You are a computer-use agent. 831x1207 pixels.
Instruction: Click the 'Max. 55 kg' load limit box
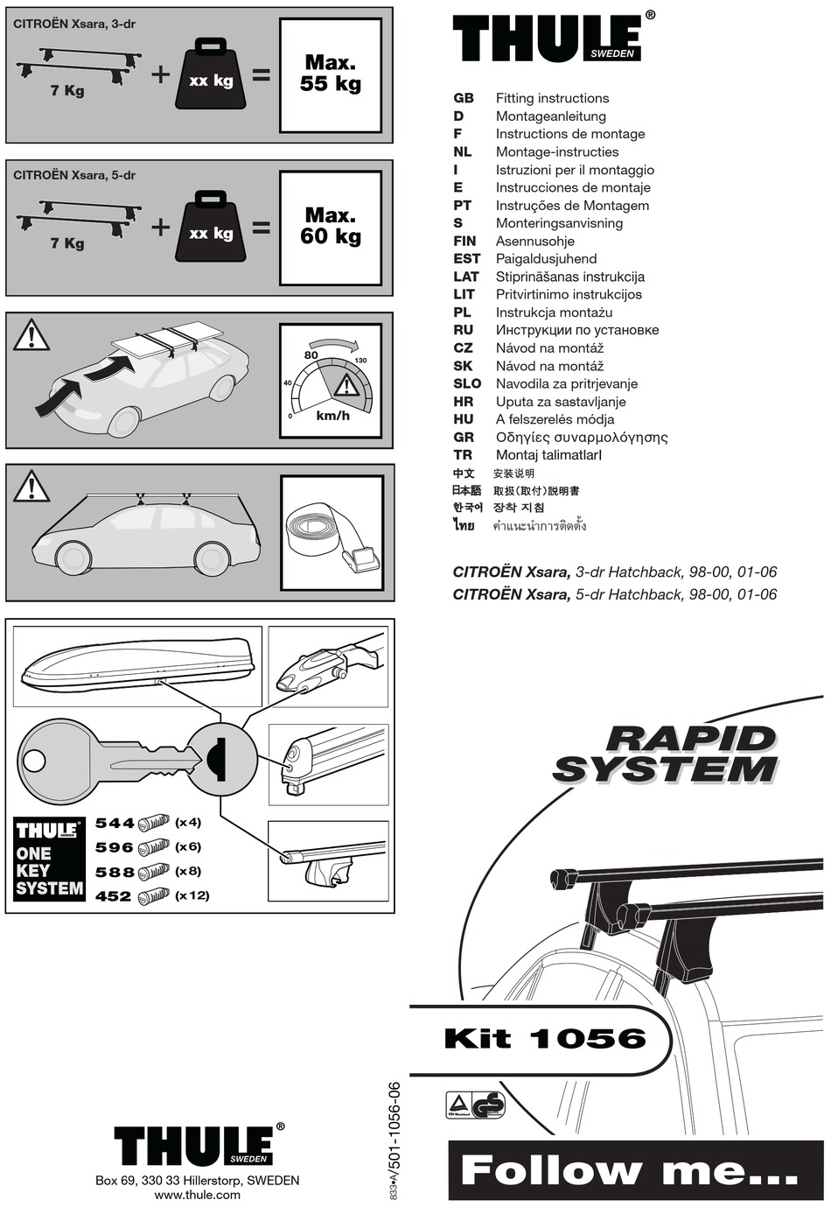(330, 75)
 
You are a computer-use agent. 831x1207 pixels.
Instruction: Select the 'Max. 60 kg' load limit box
(330, 228)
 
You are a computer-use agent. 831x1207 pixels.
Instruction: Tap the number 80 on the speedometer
(311, 355)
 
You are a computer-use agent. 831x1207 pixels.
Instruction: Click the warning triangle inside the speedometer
(346, 386)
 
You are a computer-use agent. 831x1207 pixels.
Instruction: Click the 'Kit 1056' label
(545, 1038)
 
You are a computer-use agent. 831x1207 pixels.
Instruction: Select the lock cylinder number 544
(115, 823)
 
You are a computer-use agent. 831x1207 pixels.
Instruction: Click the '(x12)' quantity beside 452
(192, 895)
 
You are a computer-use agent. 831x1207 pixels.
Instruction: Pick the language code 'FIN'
(464, 241)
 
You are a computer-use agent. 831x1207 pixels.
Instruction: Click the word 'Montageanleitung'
(550, 116)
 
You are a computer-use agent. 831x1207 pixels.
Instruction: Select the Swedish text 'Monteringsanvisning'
(559, 223)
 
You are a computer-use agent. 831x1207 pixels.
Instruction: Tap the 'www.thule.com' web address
(197, 1195)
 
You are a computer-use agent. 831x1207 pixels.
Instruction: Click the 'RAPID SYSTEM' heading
(667, 754)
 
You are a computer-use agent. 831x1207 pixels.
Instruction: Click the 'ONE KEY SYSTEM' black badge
(49, 859)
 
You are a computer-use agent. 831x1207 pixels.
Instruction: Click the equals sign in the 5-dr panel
(262, 228)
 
